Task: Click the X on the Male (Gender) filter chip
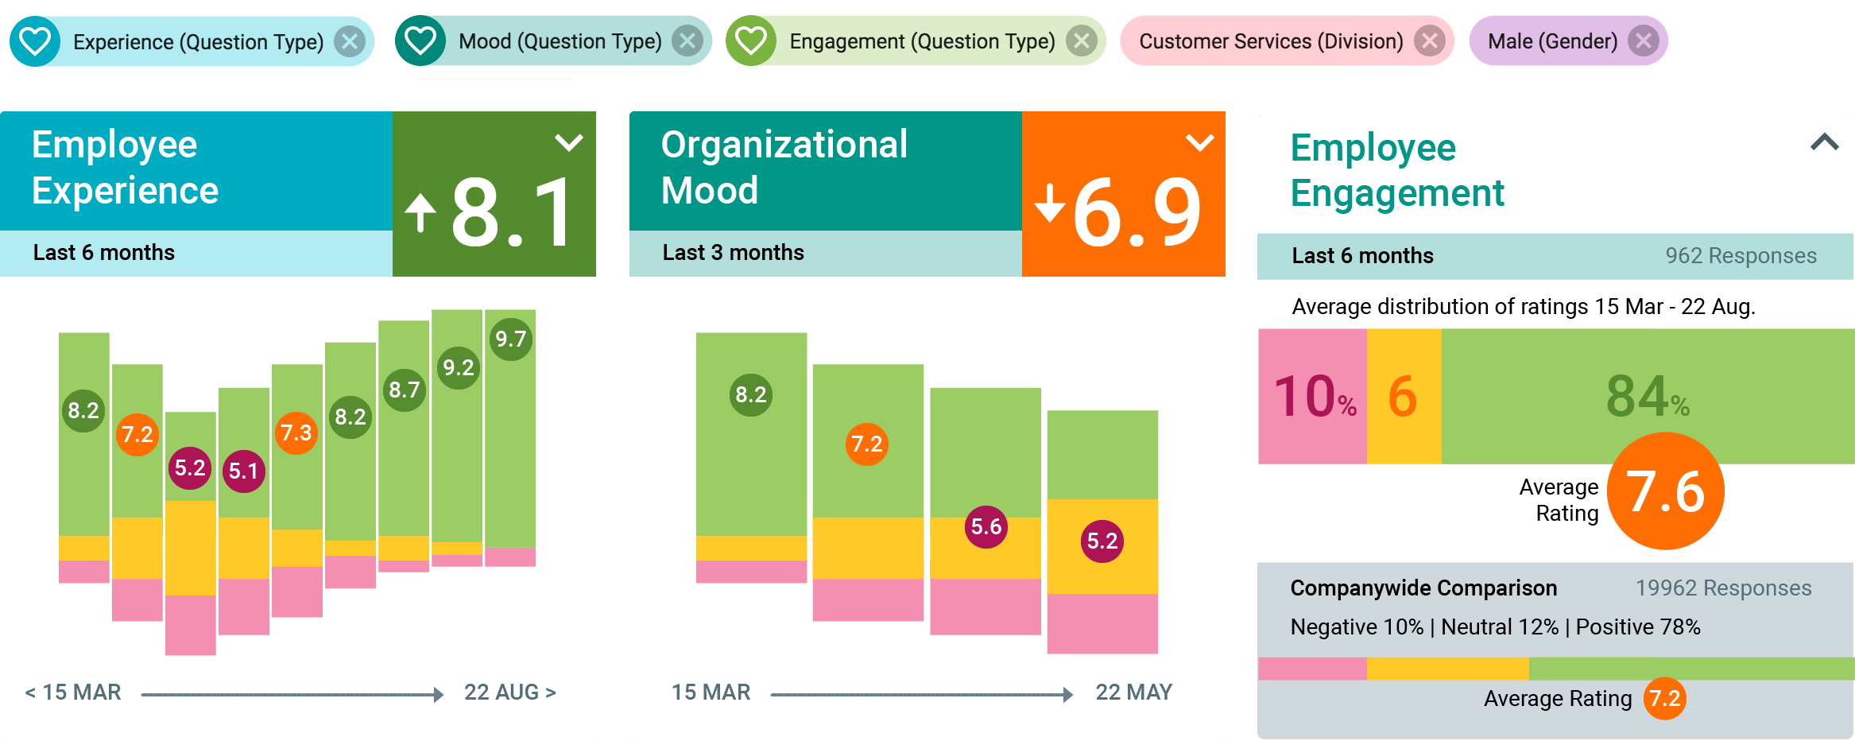(x=1643, y=41)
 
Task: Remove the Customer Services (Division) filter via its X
(x=1429, y=41)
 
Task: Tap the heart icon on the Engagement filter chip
(x=750, y=41)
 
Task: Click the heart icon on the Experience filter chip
(x=35, y=41)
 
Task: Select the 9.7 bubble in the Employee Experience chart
(x=510, y=339)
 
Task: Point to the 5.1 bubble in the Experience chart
(x=243, y=471)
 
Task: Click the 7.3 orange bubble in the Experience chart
(x=296, y=433)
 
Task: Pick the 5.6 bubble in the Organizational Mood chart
(x=986, y=527)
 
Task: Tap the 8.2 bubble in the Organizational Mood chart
(x=750, y=395)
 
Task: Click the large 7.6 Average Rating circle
(x=1665, y=491)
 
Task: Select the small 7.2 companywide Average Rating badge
(x=1664, y=699)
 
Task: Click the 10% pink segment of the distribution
(x=1312, y=396)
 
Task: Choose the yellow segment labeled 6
(x=1403, y=396)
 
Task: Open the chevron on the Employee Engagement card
(x=1824, y=142)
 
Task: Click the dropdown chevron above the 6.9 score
(x=1199, y=142)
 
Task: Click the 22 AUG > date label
(x=509, y=693)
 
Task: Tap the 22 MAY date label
(x=1133, y=693)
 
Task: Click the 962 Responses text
(x=1741, y=256)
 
